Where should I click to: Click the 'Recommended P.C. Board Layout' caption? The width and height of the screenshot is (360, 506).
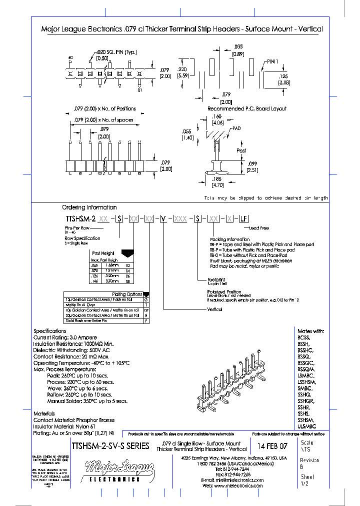point(247,108)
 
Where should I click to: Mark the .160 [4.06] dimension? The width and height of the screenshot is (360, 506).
point(217,119)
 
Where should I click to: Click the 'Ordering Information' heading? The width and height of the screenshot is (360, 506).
point(89,207)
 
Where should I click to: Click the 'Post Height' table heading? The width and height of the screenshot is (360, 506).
point(104,253)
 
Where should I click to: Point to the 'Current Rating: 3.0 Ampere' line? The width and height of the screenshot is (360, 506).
point(65,338)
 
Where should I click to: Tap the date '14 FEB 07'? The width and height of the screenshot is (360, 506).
point(272,445)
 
